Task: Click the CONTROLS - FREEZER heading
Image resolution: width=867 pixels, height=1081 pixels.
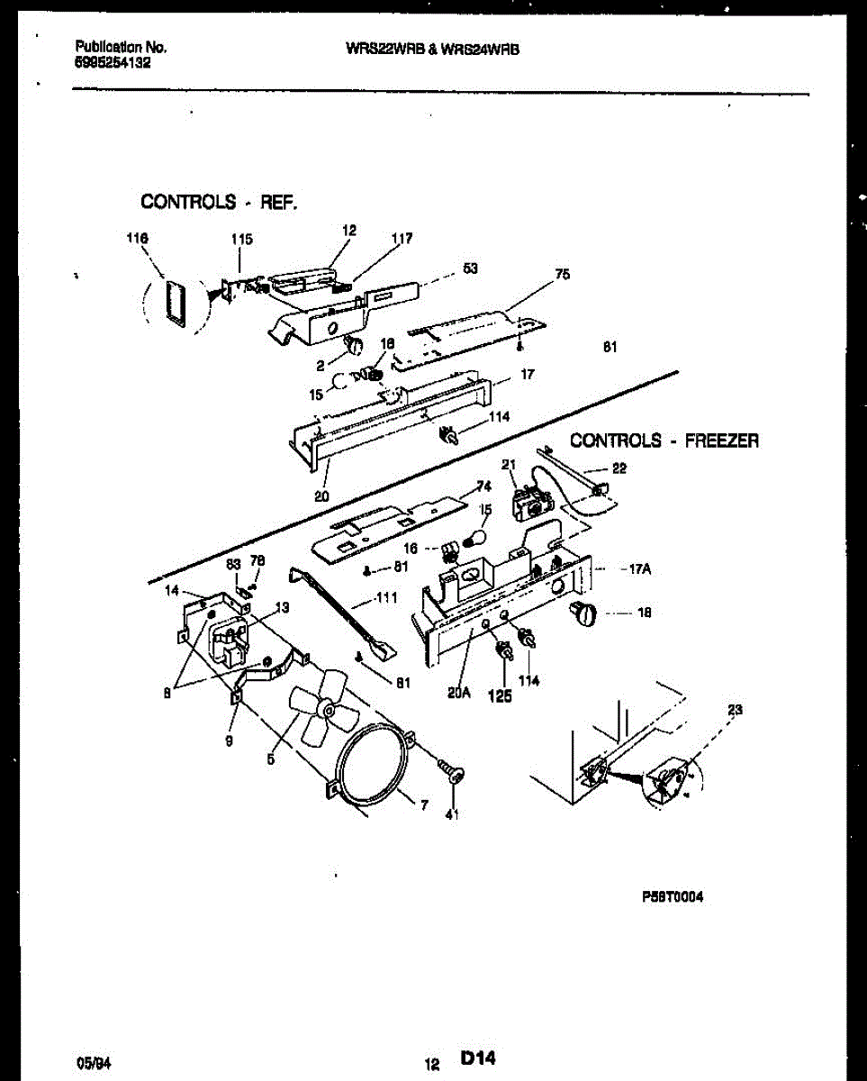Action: (664, 441)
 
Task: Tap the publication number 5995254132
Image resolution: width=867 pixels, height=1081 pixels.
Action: (113, 64)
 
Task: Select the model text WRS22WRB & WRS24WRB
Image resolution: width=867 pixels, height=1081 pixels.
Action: (432, 51)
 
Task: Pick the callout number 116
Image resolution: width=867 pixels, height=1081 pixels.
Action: (137, 238)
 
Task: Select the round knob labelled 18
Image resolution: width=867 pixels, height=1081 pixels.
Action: (584, 614)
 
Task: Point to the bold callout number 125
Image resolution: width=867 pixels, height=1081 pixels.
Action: (500, 696)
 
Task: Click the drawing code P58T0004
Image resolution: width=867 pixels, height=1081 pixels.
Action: (673, 897)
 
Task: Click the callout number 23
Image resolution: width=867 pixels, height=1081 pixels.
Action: (735, 710)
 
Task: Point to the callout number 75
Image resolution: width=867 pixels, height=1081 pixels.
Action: (562, 275)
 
